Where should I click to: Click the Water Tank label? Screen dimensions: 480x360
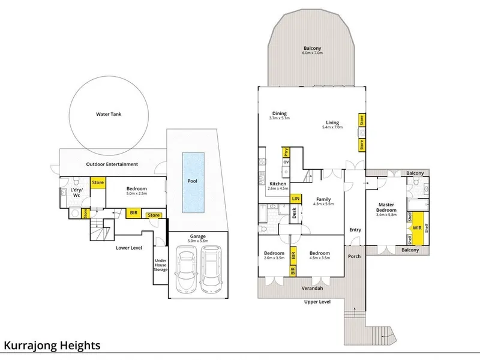pos(109,114)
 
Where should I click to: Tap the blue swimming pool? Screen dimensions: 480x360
pos(193,182)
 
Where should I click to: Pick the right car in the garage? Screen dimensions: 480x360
pos(211,269)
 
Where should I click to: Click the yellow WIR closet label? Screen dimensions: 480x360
pos(417,228)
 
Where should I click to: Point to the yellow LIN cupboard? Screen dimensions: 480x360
pos(296,199)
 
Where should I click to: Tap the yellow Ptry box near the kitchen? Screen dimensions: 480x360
pos(286,152)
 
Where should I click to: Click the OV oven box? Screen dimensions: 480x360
pos(286,162)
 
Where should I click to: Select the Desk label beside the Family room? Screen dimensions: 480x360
pos(294,213)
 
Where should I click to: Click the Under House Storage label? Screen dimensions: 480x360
pos(160,265)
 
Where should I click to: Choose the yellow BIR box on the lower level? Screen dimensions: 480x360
pos(133,213)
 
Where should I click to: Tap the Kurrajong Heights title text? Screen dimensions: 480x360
pos(52,346)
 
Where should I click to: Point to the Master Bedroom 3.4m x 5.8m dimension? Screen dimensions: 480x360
pos(386,215)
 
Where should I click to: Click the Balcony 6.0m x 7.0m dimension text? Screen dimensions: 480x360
pos(312,53)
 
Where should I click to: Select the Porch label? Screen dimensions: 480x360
pos(354,256)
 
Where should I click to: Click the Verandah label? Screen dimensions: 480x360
pos(312,288)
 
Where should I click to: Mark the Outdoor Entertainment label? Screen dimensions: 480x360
pos(112,164)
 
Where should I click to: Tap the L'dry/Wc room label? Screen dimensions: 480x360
pos(76,193)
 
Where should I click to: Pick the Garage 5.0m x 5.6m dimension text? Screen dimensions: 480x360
pos(198,241)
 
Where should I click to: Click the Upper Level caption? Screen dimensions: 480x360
pos(317,302)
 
